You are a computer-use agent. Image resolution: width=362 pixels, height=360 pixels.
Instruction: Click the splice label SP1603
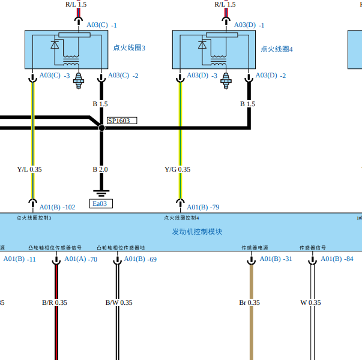tap(121, 121)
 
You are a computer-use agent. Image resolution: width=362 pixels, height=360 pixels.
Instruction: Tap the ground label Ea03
tap(101, 203)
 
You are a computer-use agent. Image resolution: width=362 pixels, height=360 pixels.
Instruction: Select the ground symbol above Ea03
tap(101, 193)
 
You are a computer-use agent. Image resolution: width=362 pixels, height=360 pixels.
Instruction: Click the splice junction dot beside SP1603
tap(101, 128)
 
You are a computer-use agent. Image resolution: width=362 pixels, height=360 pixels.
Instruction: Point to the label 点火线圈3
tap(129, 48)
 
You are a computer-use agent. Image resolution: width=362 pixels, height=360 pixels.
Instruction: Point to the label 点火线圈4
tap(276, 49)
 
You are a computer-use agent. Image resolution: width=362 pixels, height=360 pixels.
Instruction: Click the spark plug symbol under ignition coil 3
tap(77, 80)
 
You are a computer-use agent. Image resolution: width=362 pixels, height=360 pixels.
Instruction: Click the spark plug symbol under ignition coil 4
tap(226, 80)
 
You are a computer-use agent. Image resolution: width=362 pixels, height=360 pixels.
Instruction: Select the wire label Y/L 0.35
tap(29, 169)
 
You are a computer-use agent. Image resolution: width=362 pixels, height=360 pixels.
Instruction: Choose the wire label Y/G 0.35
tap(177, 169)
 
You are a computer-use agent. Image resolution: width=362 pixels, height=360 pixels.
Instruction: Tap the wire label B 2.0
tap(100, 169)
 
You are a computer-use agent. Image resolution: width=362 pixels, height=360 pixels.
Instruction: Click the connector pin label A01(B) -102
tap(57, 207)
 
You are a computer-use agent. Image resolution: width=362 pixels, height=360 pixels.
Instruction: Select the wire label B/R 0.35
tap(55, 302)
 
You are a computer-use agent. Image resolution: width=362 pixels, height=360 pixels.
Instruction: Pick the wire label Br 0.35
tap(249, 302)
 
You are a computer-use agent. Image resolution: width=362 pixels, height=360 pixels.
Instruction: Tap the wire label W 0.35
tap(311, 302)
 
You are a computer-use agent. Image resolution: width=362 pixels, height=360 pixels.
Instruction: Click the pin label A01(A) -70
tap(80, 259)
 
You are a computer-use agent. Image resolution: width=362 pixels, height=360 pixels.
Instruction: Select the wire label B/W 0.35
tap(119, 302)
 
